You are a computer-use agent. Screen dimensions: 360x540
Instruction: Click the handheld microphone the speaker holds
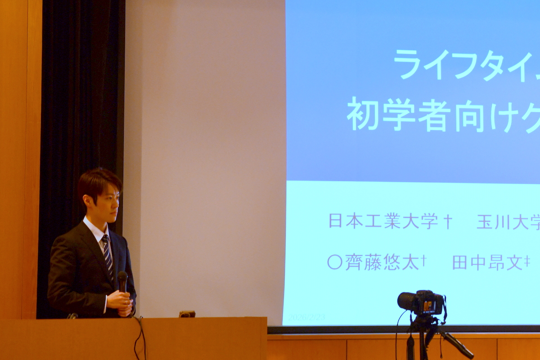tap(122, 280)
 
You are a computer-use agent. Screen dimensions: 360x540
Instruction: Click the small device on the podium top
tap(187, 314)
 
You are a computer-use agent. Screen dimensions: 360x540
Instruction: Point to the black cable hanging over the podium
tap(139, 337)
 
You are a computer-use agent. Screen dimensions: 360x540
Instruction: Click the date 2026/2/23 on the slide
tap(306, 317)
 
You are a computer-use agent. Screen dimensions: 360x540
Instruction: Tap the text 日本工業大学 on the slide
tap(383, 221)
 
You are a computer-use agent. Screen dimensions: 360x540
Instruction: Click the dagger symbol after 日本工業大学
tap(447, 221)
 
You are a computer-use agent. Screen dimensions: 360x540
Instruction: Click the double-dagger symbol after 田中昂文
tap(527, 261)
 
